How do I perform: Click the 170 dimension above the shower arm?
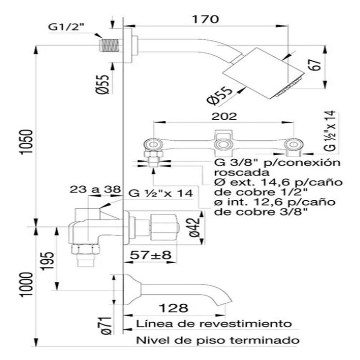click(205, 19)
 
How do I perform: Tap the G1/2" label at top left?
click(66, 27)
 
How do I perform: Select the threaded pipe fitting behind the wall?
click(110, 45)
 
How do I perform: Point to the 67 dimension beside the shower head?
click(315, 65)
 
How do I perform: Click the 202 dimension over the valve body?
click(224, 117)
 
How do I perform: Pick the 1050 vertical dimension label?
click(26, 142)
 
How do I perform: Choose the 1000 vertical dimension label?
click(26, 285)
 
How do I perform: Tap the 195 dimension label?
click(48, 261)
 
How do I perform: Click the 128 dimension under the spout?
click(174, 308)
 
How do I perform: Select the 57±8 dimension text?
click(151, 255)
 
